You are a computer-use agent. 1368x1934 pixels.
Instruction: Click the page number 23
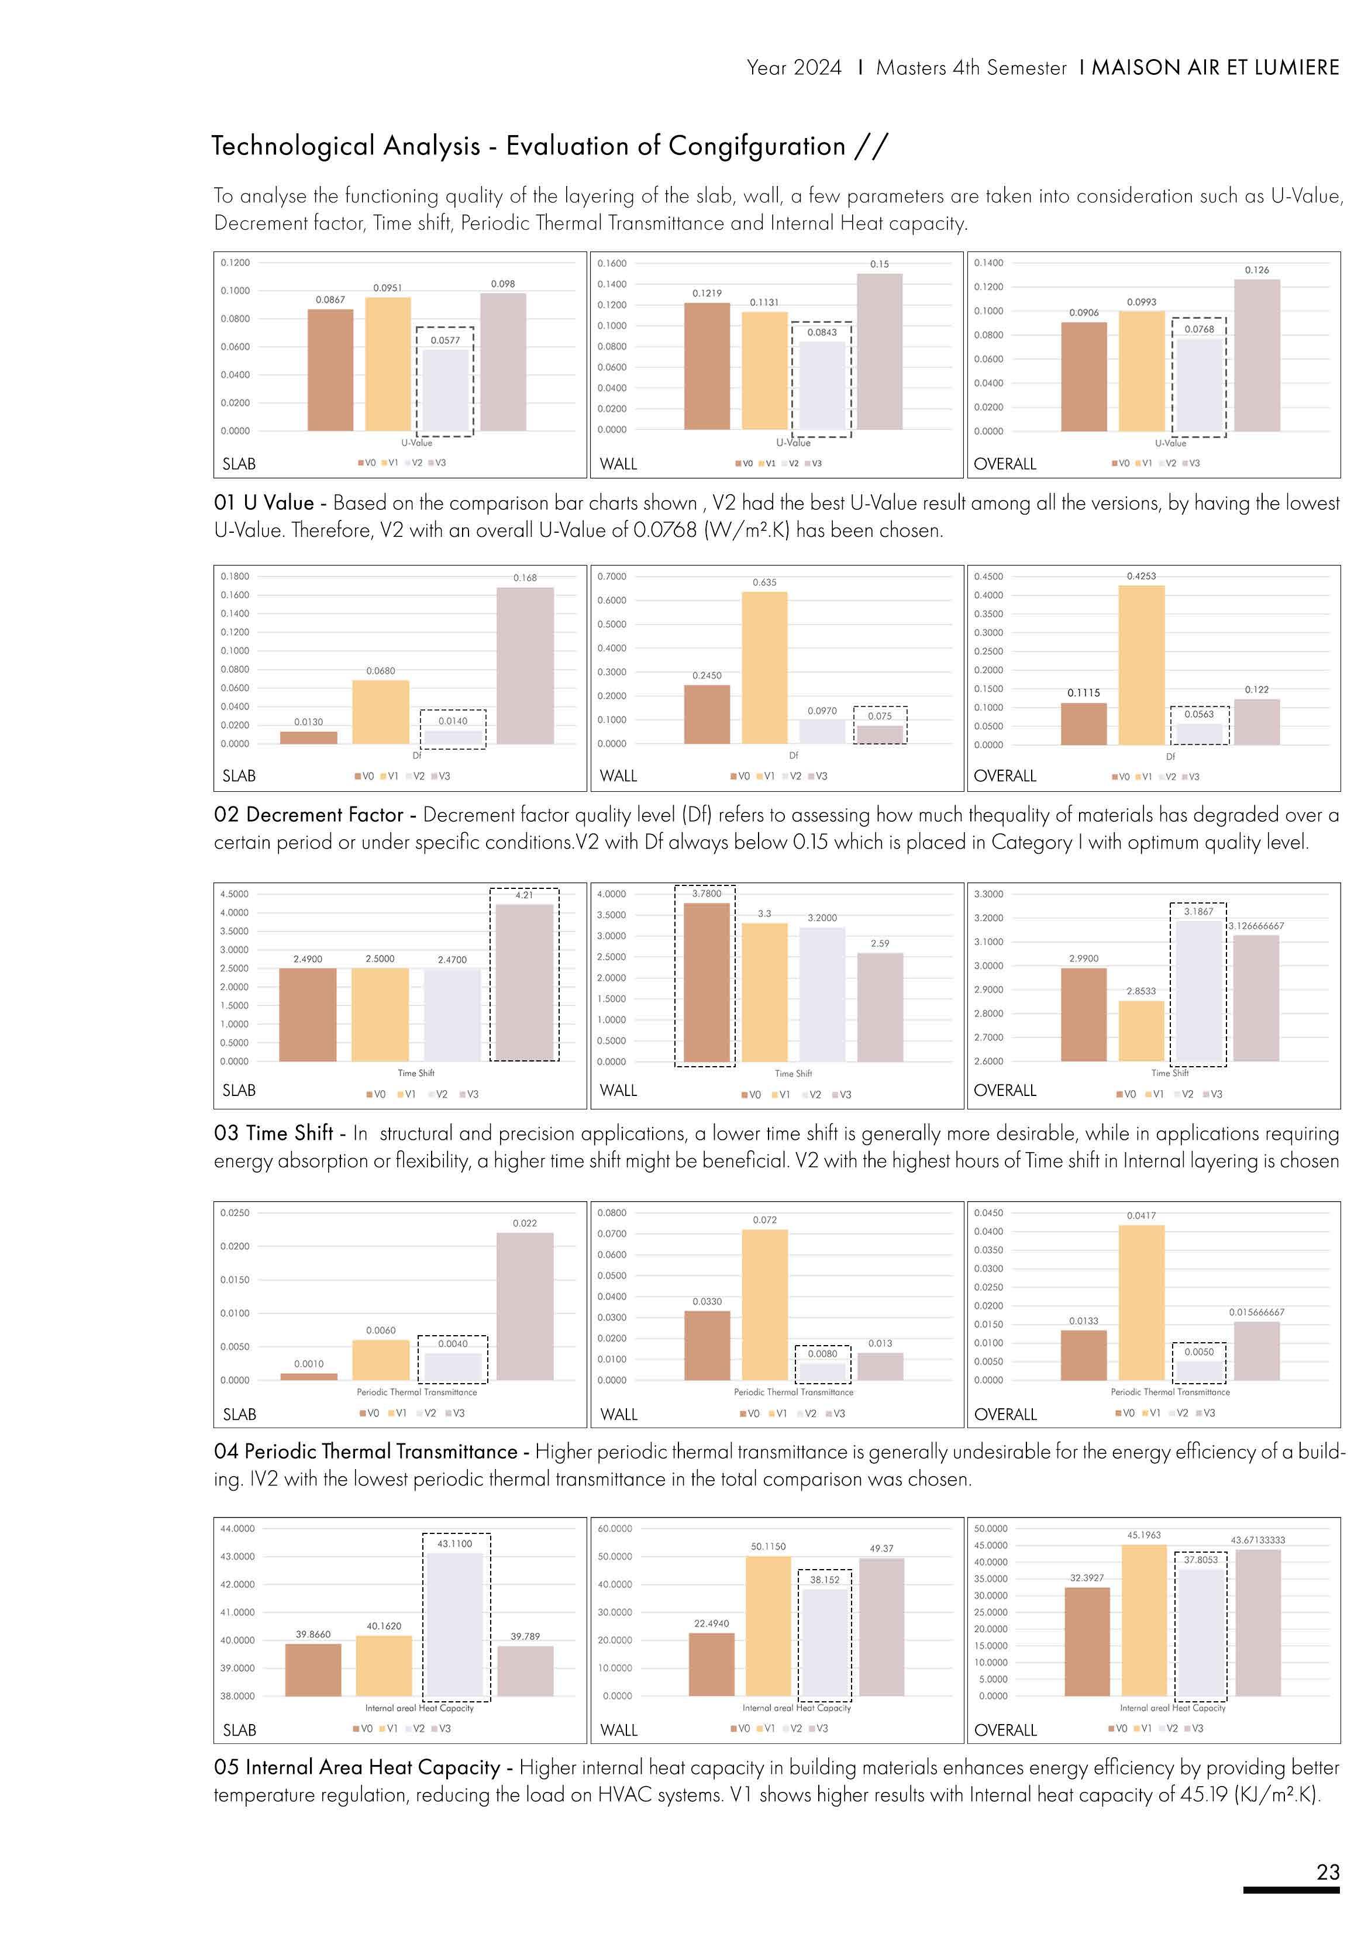pos(1328,1871)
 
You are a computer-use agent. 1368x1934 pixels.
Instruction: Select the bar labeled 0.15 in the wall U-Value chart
pos(880,351)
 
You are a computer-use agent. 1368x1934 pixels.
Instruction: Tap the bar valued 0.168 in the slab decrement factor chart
pos(525,666)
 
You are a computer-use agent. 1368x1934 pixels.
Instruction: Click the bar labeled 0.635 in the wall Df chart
pos(764,667)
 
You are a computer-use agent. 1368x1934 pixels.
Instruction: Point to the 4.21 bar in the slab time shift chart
pos(524,982)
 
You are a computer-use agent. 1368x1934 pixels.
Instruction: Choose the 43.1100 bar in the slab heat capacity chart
pos(455,1624)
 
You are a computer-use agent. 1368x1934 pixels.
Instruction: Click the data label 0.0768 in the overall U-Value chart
pos(1199,329)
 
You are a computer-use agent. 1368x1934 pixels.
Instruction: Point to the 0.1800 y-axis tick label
pos(235,576)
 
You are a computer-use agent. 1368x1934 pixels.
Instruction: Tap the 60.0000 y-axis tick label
pos(614,1528)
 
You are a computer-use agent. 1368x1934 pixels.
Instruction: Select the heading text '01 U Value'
pos(264,503)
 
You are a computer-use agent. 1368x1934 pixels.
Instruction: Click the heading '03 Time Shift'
pos(274,1133)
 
